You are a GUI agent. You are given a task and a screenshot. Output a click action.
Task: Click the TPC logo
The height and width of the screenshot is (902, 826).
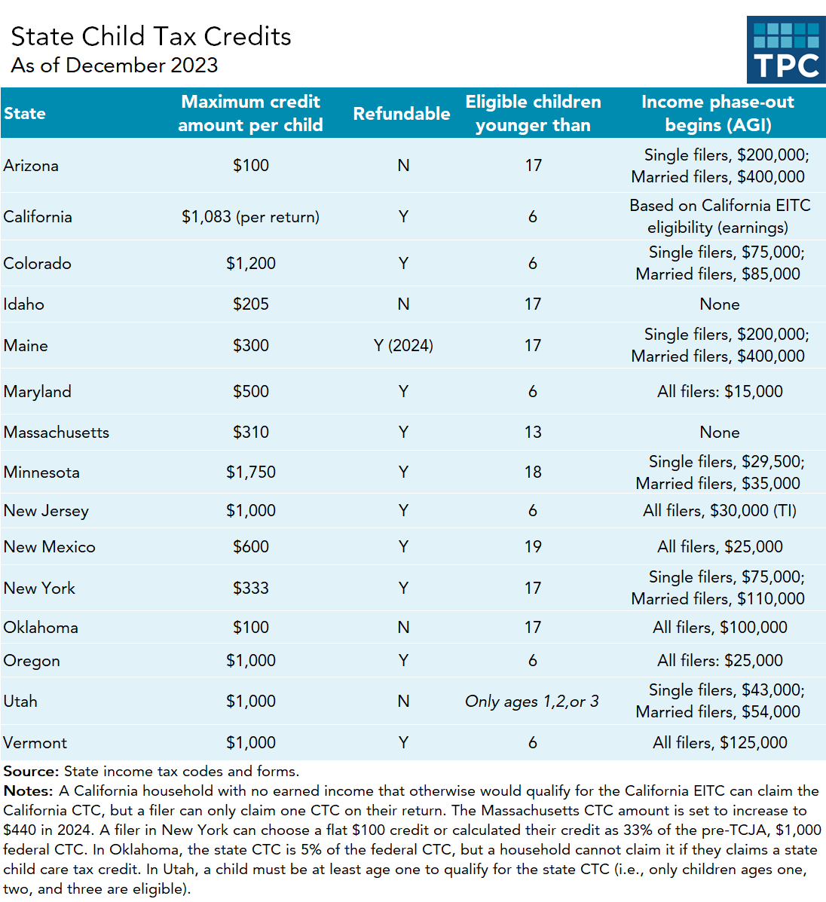[785, 50]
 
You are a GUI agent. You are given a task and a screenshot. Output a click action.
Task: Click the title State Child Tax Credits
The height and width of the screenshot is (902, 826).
[151, 36]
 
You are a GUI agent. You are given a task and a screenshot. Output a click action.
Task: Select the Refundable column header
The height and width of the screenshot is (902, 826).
[401, 114]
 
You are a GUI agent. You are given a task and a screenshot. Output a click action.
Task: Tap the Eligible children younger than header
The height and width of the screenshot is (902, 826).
[533, 114]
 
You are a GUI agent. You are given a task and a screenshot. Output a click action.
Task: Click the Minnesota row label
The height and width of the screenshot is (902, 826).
[41, 472]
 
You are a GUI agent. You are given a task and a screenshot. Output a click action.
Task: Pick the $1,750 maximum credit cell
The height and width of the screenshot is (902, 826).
[251, 472]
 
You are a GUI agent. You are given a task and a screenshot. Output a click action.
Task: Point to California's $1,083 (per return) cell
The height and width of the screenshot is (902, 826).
[250, 217]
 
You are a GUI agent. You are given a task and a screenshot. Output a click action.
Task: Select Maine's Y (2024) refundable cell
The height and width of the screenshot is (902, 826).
[403, 346]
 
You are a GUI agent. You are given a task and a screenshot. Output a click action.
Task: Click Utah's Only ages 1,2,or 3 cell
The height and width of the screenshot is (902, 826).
[532, 702]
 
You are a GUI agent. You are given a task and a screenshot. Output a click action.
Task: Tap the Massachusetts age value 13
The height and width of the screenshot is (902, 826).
[533, 433]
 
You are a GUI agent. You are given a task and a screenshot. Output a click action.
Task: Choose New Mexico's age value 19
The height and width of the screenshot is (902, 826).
[533, 547]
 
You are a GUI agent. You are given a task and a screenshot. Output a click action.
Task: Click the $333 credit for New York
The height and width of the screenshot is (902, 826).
[251, 589]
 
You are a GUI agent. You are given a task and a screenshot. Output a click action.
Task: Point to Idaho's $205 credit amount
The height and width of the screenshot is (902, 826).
[251, 304]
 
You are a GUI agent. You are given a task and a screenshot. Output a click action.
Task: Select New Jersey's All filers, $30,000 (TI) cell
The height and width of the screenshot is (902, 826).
[719, 511]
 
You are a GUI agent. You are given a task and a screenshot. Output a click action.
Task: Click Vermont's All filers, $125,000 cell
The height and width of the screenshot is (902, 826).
[719, 743]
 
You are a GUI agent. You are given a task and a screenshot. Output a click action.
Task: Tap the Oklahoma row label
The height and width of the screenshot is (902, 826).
[41, 628]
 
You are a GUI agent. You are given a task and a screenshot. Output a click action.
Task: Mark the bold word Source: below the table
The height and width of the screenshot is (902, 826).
[31, 772]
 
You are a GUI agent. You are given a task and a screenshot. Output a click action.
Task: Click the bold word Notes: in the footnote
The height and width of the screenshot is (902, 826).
[28, 791]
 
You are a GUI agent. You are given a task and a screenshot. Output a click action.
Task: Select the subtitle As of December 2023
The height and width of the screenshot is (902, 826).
[115, 66]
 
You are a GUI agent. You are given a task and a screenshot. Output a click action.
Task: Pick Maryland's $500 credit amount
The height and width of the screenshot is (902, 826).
[251, 392]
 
